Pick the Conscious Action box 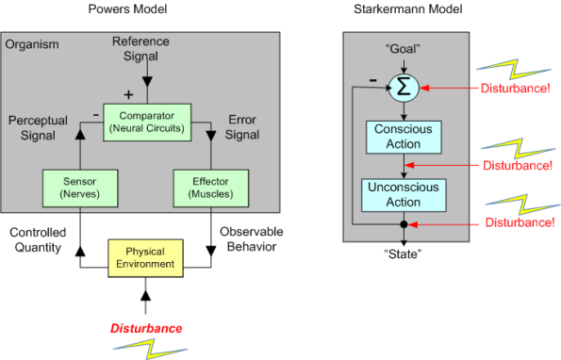pyautogui.click(x=403, y=138)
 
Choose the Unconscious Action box pyautogui.click(x=403, y=195)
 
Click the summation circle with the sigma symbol pyautogui.click(x=403, y=87)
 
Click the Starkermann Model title pyautogui.click(x=404, y=11)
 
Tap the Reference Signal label pyautogui.click(x=141, y=49)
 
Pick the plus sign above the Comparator pyautogui.click(x=128, y=94)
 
